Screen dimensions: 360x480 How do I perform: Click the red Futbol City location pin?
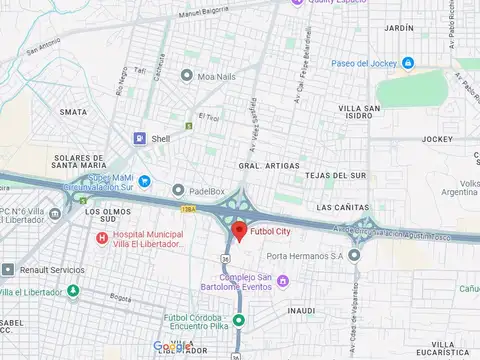coord(238,232)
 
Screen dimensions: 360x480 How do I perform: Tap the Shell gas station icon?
coord(141,139)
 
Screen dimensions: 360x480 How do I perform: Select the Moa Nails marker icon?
coord(187,75)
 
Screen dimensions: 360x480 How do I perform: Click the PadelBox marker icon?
coord(178,190)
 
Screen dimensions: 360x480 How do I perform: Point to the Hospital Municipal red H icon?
coord(101,238)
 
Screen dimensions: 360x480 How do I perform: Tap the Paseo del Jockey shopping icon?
coord(408,63)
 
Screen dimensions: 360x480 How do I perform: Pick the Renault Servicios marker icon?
coord(8,270)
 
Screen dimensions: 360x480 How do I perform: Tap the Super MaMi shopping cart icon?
coord(144,181)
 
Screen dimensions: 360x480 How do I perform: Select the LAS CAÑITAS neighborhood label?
coord(339,207)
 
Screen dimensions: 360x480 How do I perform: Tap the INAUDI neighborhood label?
coord(303,311)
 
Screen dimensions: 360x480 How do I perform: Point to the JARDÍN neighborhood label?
coord(397,28)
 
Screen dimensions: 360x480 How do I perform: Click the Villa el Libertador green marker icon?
coord(72,292)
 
